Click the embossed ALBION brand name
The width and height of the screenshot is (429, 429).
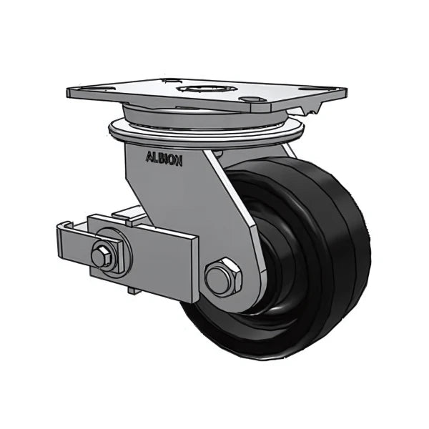[164, 159]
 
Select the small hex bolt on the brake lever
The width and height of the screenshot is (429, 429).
[103, 257]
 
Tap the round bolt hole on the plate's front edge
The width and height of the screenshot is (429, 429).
[249, 99]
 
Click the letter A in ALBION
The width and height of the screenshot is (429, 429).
[149, 158]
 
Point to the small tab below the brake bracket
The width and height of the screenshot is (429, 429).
[132, 290]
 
